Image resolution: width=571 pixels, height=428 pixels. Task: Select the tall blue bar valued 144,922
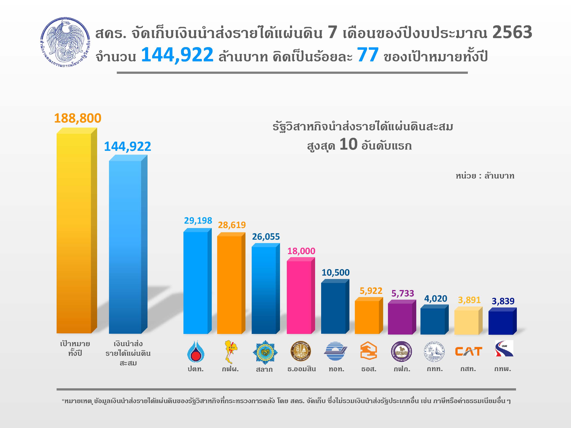pos(125,246)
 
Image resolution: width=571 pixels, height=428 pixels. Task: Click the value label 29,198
pos(198,221)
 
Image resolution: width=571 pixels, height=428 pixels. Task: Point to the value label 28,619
pos(232,225)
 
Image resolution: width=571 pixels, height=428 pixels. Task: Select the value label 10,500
pos(335,272)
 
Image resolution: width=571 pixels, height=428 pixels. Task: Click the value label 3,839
pos(503,301)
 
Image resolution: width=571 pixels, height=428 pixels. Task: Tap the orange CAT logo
pos(468,351)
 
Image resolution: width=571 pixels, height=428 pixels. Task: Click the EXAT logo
pos(504,349)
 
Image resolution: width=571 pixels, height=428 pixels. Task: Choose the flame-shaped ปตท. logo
pos(196,351)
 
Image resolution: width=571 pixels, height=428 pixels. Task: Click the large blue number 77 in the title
pos(368,55)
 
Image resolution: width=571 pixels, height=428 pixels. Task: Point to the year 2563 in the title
pos(512,32)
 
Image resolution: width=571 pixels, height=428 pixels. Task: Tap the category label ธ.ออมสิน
pos(301,369)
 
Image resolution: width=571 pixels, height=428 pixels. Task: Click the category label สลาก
pos(264,369)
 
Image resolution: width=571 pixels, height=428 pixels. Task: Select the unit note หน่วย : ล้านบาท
pos(485,176)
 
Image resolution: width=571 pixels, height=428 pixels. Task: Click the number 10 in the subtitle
pos(348,144)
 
